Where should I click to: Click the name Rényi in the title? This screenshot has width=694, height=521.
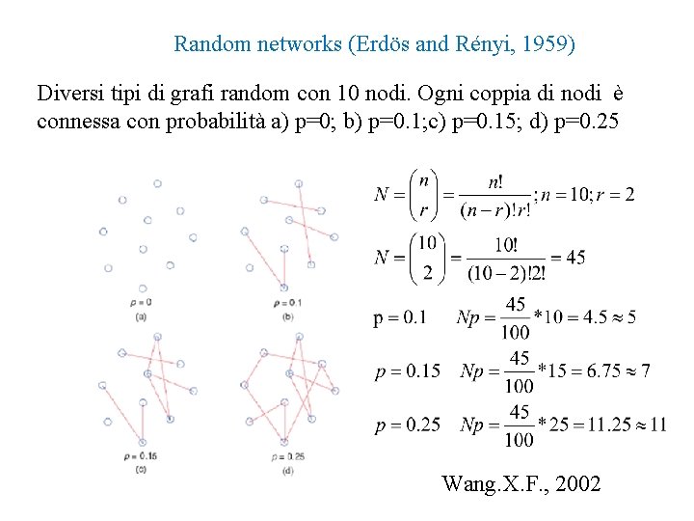(x=472, y=44)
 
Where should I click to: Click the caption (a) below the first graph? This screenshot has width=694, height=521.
(x=141, y=315)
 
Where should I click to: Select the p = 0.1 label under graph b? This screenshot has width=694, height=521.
(x=287, y=303)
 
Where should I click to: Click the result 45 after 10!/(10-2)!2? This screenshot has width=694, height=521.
(x=574, y=258)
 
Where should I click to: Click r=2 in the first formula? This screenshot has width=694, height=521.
(x=617, y=195)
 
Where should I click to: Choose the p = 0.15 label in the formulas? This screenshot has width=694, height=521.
(x=408, y=370)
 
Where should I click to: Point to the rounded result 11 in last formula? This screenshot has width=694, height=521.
(x=657, y=425)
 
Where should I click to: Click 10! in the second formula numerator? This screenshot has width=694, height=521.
(x=505, y=242)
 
